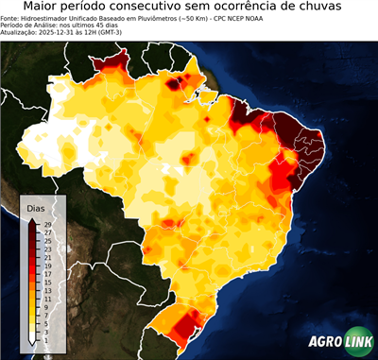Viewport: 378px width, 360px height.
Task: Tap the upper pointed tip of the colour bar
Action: (32, 218)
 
